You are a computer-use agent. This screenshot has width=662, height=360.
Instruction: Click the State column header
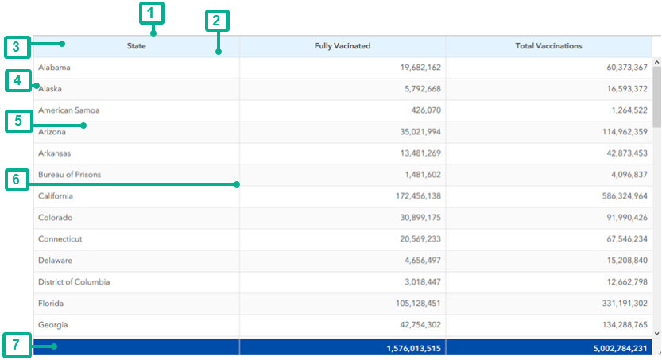tap(136, 46)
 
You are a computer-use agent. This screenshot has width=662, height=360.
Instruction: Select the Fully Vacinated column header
tap(343, 46)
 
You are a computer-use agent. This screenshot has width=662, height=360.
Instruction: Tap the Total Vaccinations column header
tap(548, 46)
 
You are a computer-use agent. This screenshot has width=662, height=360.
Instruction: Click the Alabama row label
tap(54, 68)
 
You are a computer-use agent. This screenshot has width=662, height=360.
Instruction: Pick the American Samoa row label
tap(69, 110)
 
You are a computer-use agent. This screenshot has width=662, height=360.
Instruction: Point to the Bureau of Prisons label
tap(70, 175)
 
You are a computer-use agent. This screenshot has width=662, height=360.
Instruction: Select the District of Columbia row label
tap(74, 282)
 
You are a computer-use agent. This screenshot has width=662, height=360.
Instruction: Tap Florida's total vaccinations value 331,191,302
tap(617, 304)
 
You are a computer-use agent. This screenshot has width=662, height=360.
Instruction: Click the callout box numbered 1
tap(151, 13)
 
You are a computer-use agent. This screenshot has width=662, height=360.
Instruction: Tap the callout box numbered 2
tap(217, 21)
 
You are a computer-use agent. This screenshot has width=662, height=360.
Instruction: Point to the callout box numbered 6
tap(15, 180)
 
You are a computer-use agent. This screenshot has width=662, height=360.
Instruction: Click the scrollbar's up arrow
tap(656, 61)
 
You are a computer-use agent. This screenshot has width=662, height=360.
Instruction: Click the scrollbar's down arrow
tap(656, 333)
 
